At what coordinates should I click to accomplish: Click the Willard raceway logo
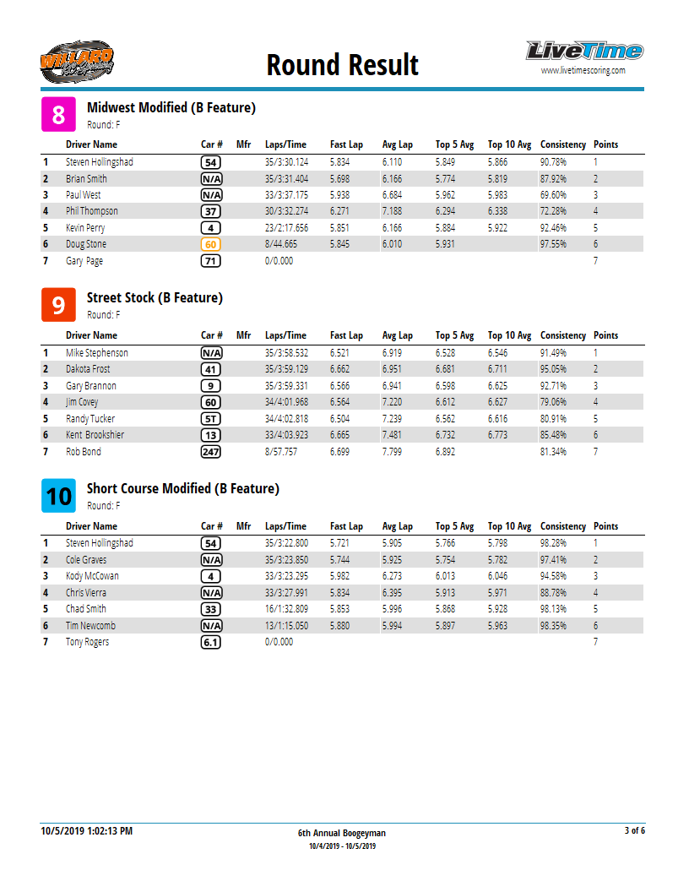[76, 61]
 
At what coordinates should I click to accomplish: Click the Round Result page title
[342, 65]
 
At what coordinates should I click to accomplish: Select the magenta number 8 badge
[58, 115]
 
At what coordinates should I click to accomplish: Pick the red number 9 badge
[58, 305]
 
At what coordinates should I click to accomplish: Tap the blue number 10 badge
[58, 496]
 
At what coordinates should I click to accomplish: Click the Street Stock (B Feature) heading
[155, 298]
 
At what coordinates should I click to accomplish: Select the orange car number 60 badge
[211, 244]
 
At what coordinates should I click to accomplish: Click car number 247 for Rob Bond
[211, 452]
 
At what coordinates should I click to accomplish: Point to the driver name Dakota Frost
[88, 369]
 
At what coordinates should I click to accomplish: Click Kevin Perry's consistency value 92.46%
[553, 228]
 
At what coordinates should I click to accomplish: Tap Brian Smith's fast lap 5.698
[339, 179]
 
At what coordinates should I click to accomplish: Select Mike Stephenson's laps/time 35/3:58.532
[286, 353]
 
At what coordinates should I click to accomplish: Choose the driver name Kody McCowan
[92, 576]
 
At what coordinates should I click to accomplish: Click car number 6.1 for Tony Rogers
[211, 642]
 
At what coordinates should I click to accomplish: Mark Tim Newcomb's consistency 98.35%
[553, 626]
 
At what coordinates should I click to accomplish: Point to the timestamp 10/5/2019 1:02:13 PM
[87, 831]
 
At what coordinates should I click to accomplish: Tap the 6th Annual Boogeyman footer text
[342, 833]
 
